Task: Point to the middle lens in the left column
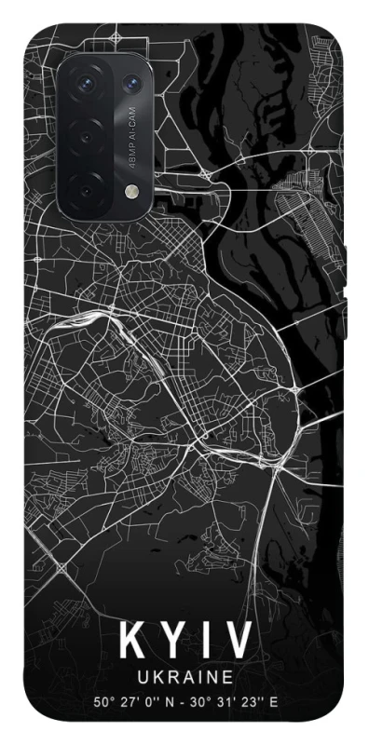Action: (86, 137)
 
